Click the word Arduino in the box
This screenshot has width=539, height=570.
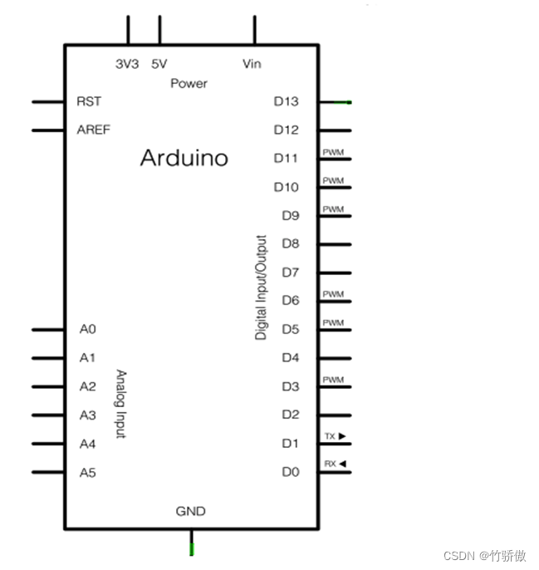pos(184,158)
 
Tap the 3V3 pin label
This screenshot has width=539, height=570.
pos(127,63)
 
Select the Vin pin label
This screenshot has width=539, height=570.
pos(252,63)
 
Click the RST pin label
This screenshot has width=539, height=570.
pos(89,101)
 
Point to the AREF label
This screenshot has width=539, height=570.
pos(93,130)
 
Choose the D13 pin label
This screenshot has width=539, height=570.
pos(286,101)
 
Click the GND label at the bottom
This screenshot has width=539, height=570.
pos(190,511)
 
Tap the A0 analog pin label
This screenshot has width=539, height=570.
pos(88,329)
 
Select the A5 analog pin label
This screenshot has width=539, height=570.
pos(88,473)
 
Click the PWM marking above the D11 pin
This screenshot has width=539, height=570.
pos(333,153)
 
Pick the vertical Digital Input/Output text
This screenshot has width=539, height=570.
pos(262,287)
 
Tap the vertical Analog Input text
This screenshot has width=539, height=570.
pos(120,404)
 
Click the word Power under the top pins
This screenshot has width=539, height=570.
pos(189,83)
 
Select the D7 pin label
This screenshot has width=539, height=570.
pos(290,272)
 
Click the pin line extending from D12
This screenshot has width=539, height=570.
pos(334,130)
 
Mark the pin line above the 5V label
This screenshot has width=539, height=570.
pos(159,30)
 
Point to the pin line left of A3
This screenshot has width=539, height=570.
pos(48,415)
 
